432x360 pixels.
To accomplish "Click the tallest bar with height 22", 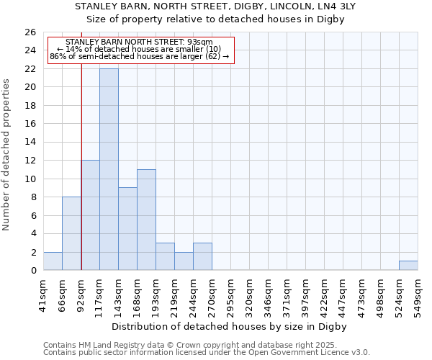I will coord(109,169).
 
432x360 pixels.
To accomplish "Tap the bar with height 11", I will coord(146,220).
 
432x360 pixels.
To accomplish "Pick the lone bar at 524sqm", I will coord(408,266).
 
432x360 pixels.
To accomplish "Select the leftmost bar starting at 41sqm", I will coord(53,261).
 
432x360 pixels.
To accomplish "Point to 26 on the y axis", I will coord(30,32).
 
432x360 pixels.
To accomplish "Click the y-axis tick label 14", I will coord(30,143).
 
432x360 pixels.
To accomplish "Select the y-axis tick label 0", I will coord(32,271).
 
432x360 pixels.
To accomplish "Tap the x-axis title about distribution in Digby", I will coord(230,326).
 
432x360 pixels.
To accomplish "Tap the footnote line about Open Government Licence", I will coord(207,353).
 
